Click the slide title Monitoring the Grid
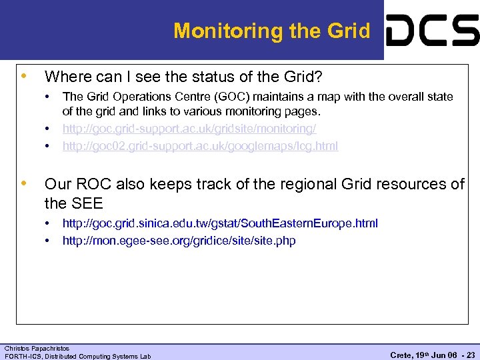click(271, 31)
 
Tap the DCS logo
click(432, 31)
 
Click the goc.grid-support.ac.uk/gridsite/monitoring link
click(189, 128)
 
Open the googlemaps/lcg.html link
click(200, 145)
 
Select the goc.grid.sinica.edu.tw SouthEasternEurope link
click(220, 223)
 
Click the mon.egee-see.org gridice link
click(179, 240)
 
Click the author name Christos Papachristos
click(37, 348)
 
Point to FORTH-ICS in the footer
click(22, 356)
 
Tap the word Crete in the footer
click(401, 355)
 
